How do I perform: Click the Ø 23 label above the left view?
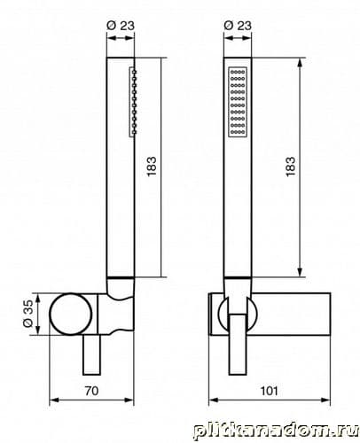121,26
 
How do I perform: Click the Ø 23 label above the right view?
238,25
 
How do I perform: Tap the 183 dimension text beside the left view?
151,167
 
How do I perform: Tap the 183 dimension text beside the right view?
290,167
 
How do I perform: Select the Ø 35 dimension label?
28,314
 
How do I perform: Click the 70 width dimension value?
91,391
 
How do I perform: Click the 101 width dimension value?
269,391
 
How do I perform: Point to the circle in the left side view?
70,315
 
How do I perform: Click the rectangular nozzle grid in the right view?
238,102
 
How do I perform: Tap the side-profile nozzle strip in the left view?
133,102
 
